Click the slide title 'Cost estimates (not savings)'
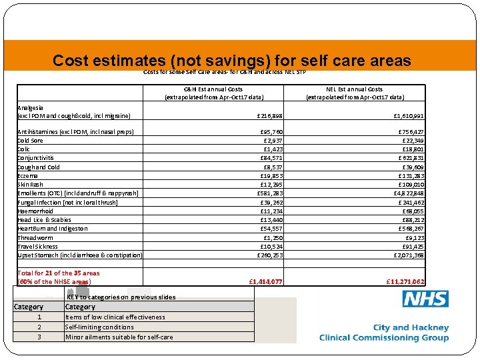click(x=231, y=61)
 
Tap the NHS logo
click(x=425, y=299)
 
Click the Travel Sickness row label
click(x=37, y=246)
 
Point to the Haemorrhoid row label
click(x=35, y=211)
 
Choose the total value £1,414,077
click(x=265, y=282)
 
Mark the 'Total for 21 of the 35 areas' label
click(x=59, y=273)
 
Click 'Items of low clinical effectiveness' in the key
click(x=115, y=317)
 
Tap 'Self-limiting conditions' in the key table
click(x=99, y=327)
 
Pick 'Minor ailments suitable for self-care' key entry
click(x=119, y=337)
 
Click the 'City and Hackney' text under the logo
click(x=411, y=328)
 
